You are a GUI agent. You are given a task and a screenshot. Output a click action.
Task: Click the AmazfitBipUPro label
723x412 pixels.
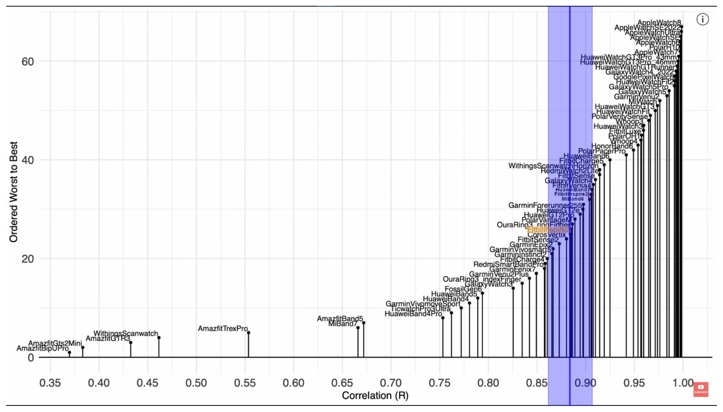(42, 348)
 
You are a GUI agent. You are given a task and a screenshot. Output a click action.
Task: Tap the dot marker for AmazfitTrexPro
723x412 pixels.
(249, 332)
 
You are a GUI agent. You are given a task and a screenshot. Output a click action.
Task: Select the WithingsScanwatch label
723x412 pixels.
(126, 333)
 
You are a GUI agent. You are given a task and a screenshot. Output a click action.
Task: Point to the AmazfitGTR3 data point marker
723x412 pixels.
(131, 343)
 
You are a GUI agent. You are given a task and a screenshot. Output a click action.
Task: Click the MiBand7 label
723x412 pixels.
(343, 324)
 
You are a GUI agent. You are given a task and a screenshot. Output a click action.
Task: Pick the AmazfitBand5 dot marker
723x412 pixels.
(363, 323)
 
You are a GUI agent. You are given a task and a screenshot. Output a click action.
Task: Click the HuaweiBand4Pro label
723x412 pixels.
(413, 314)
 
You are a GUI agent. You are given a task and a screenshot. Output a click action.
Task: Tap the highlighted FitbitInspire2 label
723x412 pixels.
(548, 230)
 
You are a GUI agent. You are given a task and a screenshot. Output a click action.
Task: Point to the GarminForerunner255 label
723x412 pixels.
(545, 205)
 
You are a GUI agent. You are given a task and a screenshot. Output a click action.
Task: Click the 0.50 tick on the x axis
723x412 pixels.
(196, 383)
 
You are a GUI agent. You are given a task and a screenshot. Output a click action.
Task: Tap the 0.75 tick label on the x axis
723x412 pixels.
(439, 383)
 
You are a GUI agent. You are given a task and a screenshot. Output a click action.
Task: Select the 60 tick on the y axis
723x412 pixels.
(28, 61)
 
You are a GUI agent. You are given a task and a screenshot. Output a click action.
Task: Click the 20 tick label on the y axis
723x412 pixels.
(28, 259)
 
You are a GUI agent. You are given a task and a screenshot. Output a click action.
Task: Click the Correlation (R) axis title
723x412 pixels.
(375, 395)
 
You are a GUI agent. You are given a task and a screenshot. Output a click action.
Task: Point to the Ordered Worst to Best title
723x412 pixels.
(13, 192)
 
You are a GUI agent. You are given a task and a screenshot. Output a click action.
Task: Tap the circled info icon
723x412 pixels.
(703, 20)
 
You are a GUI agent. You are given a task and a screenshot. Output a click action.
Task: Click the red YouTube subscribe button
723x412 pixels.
(701, 389)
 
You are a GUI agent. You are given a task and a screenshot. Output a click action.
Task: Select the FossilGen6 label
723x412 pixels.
(463, 289)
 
